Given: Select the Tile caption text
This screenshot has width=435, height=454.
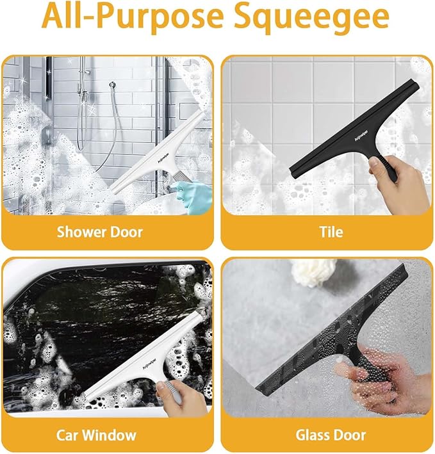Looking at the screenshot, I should click(331, 231).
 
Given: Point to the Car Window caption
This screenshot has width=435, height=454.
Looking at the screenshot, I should click(96, 435).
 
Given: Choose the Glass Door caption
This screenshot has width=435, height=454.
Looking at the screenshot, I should click(331, 435).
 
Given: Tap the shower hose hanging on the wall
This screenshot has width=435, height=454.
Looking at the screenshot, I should click(103, 141).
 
